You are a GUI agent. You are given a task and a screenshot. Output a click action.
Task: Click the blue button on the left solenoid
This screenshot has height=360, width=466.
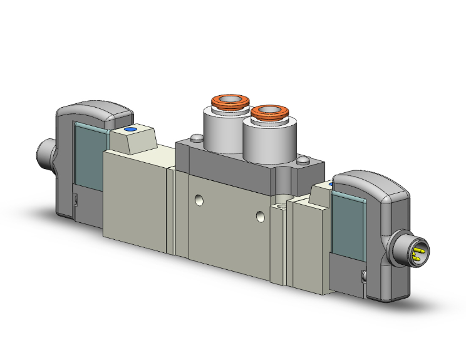(x=130, y=130)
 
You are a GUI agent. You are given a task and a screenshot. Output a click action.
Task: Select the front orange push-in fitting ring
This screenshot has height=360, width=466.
(x=270, y=113)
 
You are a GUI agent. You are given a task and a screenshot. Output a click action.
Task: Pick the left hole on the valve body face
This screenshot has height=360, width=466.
(x=199, y=201)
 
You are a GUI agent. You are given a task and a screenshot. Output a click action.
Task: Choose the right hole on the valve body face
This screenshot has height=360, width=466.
(x=261, y=217)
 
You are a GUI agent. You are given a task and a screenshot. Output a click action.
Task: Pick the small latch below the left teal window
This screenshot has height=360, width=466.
(x=75, y=201)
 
